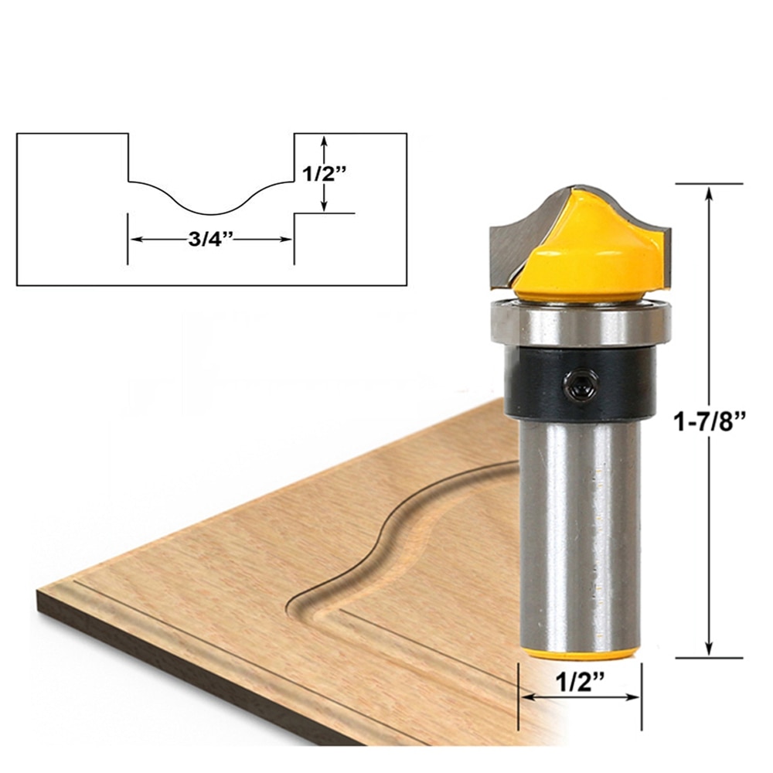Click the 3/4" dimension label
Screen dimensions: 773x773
click(209, 239)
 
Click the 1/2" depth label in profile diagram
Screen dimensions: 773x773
click(319, 173)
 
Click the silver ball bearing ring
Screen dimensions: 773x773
click(580, 323)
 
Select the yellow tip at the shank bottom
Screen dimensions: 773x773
click(579, 653)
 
